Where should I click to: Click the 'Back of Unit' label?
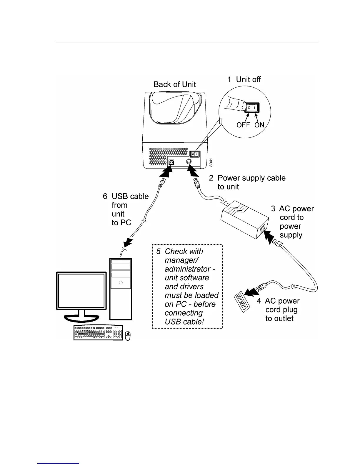pos(175,84)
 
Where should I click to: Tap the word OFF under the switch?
pos(243,125)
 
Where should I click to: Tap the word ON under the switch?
pos(259,125)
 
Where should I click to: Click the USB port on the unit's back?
pos(171,162)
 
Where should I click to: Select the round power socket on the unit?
pos(189,161)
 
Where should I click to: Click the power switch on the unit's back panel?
pos(194,154)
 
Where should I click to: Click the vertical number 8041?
pos(211,162)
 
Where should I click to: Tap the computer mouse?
pos(128,336)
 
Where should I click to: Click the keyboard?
pos(98,333)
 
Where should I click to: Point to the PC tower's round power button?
pos(121,283)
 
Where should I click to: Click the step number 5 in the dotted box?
pos(159,252)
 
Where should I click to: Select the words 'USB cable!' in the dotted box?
pos(184,322)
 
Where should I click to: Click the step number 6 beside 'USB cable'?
pos(105,197)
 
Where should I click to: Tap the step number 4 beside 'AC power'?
pos(259,301)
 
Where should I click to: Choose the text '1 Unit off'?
pos(244,79)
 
